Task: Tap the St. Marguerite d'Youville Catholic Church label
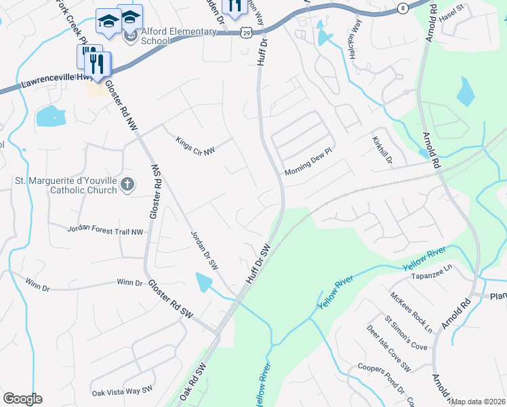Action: coord(66,185)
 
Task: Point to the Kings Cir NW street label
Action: coord(195,145)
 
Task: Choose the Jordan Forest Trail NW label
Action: coord(105,231)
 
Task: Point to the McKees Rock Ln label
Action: coord(411,312)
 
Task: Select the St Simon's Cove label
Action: coord(405,332)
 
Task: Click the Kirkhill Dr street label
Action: coord(382,149)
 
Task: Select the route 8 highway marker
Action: coord(403,8)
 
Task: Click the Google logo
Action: coord(22,399)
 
